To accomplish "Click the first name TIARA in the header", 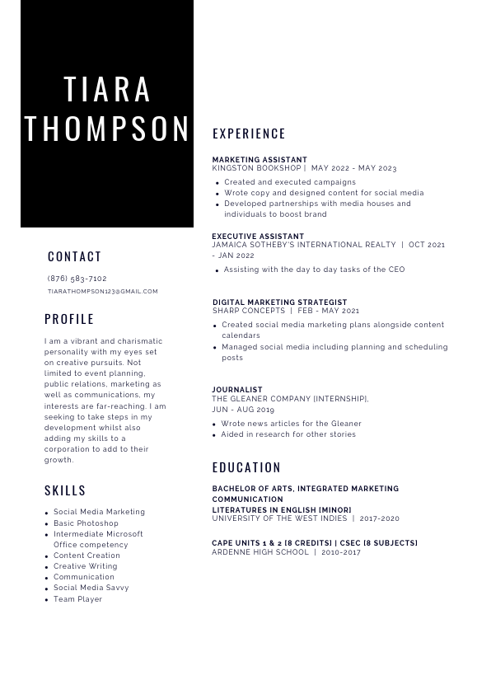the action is click(108, 89).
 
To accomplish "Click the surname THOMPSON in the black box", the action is click(108, 129).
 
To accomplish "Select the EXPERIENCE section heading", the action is click(249, 134).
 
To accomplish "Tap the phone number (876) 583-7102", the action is click(77, 279).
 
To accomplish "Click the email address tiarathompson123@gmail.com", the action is click(102, 291).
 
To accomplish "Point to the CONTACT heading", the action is click(75, 256).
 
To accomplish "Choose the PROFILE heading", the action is click(69, 319).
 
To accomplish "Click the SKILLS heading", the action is click(65, 490).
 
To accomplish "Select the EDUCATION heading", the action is click(246, 467).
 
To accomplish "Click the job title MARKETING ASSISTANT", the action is click(260, 160).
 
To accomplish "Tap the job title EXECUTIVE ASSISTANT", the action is click(258, 237).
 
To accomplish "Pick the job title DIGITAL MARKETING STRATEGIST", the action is click(279, 302).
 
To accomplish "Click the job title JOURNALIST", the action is click(237, 390).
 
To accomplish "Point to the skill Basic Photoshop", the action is click(86, 523).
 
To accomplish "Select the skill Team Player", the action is click(78, 599).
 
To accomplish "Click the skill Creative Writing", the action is click(86, 566).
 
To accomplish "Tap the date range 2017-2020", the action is click(379, 518).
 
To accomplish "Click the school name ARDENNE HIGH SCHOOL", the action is click(260, 552).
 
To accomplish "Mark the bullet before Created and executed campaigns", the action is click(217, 183).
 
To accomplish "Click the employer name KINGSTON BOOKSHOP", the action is click(256, 168).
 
